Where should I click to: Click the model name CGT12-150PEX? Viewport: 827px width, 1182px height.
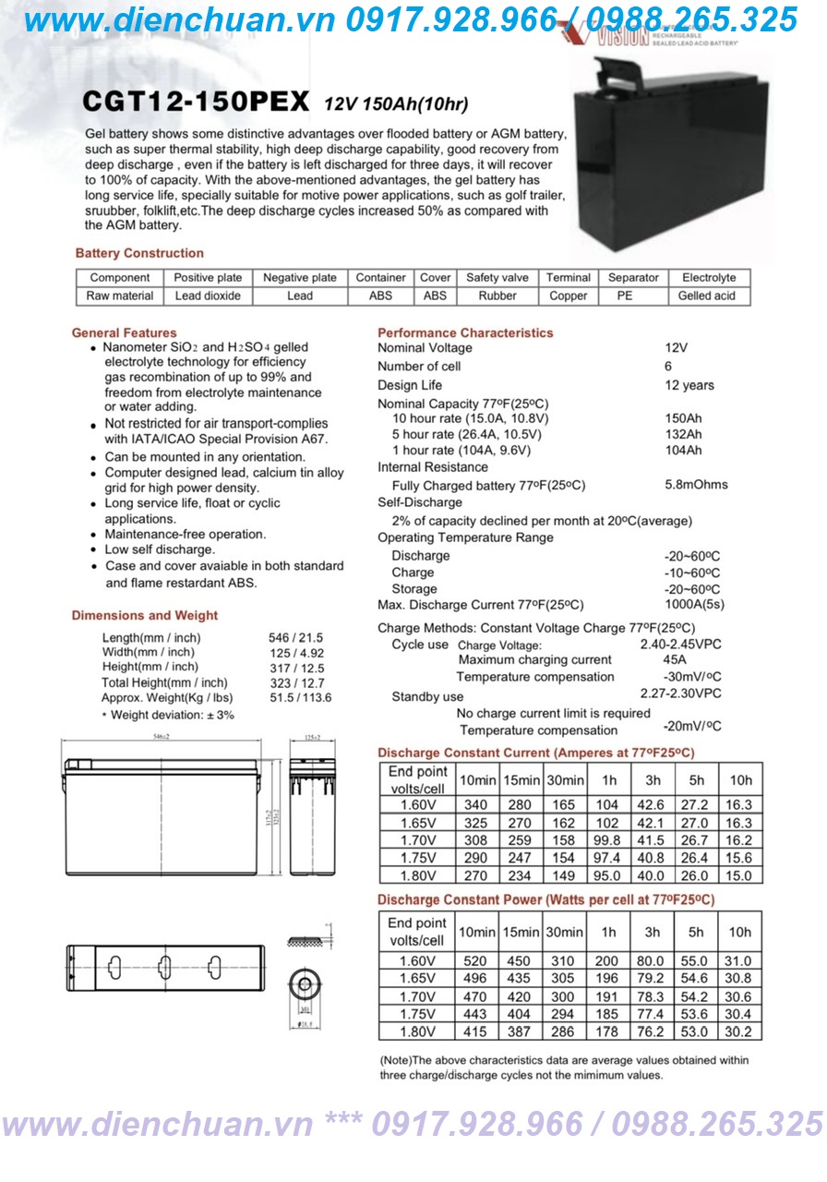tap(196, 101)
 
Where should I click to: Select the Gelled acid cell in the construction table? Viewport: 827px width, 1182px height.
tap(707, 296)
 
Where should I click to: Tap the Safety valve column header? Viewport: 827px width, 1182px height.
tap(497, 277)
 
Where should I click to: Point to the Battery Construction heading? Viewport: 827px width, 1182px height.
tap(139, 253)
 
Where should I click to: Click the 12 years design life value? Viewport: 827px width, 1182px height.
tap(689, 385)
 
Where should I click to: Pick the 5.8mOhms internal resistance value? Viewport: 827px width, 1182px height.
tap(696, 485)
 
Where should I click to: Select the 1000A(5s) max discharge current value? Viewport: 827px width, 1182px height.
tap(694, 605)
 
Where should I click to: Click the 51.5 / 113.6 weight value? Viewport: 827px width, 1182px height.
tap(301, 697)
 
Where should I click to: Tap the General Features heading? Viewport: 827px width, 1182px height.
tap(124, 332)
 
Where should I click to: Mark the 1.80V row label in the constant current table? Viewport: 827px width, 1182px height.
tap(417, 875)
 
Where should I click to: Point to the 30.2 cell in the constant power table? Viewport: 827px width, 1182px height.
tap(739, 1031)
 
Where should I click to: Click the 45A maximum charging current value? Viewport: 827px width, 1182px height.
tap(675, 660)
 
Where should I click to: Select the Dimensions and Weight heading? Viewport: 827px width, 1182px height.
tap(145, 615)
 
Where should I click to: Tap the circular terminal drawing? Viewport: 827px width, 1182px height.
tap(304, 980)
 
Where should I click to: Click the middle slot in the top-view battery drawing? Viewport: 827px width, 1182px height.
tap(164, 969)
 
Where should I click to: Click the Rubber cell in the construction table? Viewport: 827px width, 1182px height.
tap(497, 296)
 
